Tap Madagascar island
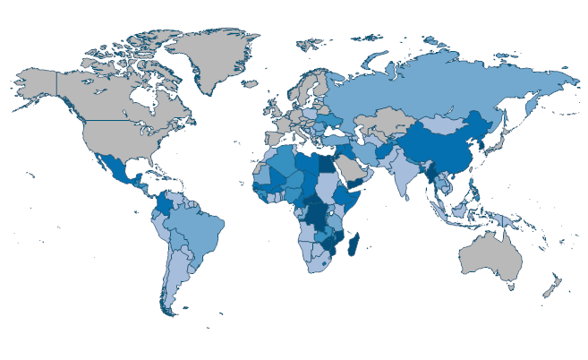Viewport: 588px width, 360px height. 354,244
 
